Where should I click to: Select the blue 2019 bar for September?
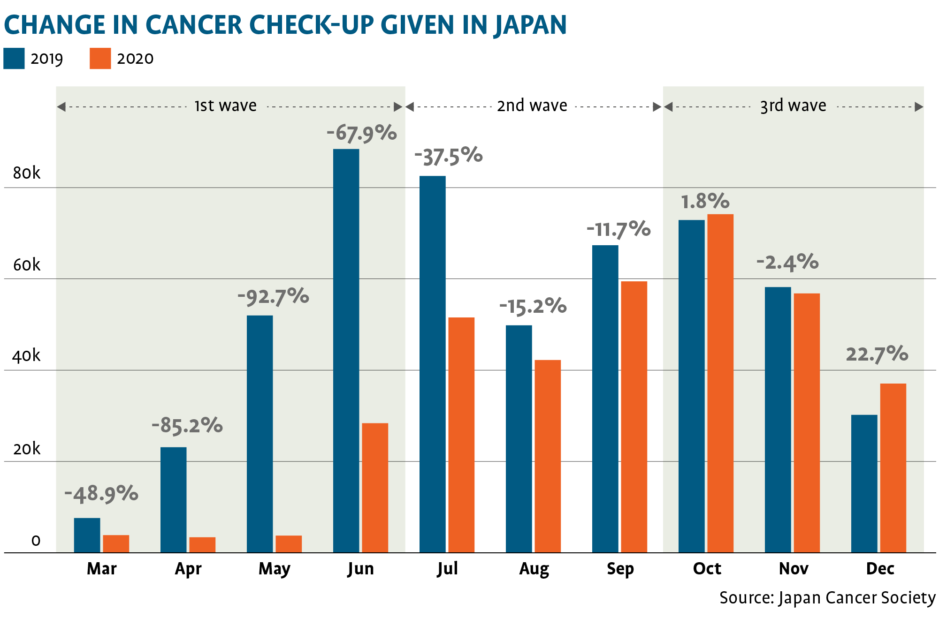tap(605, 399)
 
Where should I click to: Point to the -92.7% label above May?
tap(273, 296)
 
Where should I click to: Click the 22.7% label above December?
tap(877, 354)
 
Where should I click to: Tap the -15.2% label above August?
tap(533, 306)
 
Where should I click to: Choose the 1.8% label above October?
tap(705, 201)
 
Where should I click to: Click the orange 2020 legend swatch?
tap(100, 59)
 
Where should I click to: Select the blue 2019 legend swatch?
tap(14, 59)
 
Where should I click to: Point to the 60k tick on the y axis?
tap(27, 265)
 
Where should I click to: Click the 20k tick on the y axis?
tap(27, 449)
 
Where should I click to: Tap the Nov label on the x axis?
tap(793, 568)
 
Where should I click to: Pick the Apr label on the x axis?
tap(188, 568)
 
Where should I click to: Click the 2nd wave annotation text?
tap(532, 106)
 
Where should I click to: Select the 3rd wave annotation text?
tap(793, 106)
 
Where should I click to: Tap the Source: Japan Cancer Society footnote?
tap(827, 597)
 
